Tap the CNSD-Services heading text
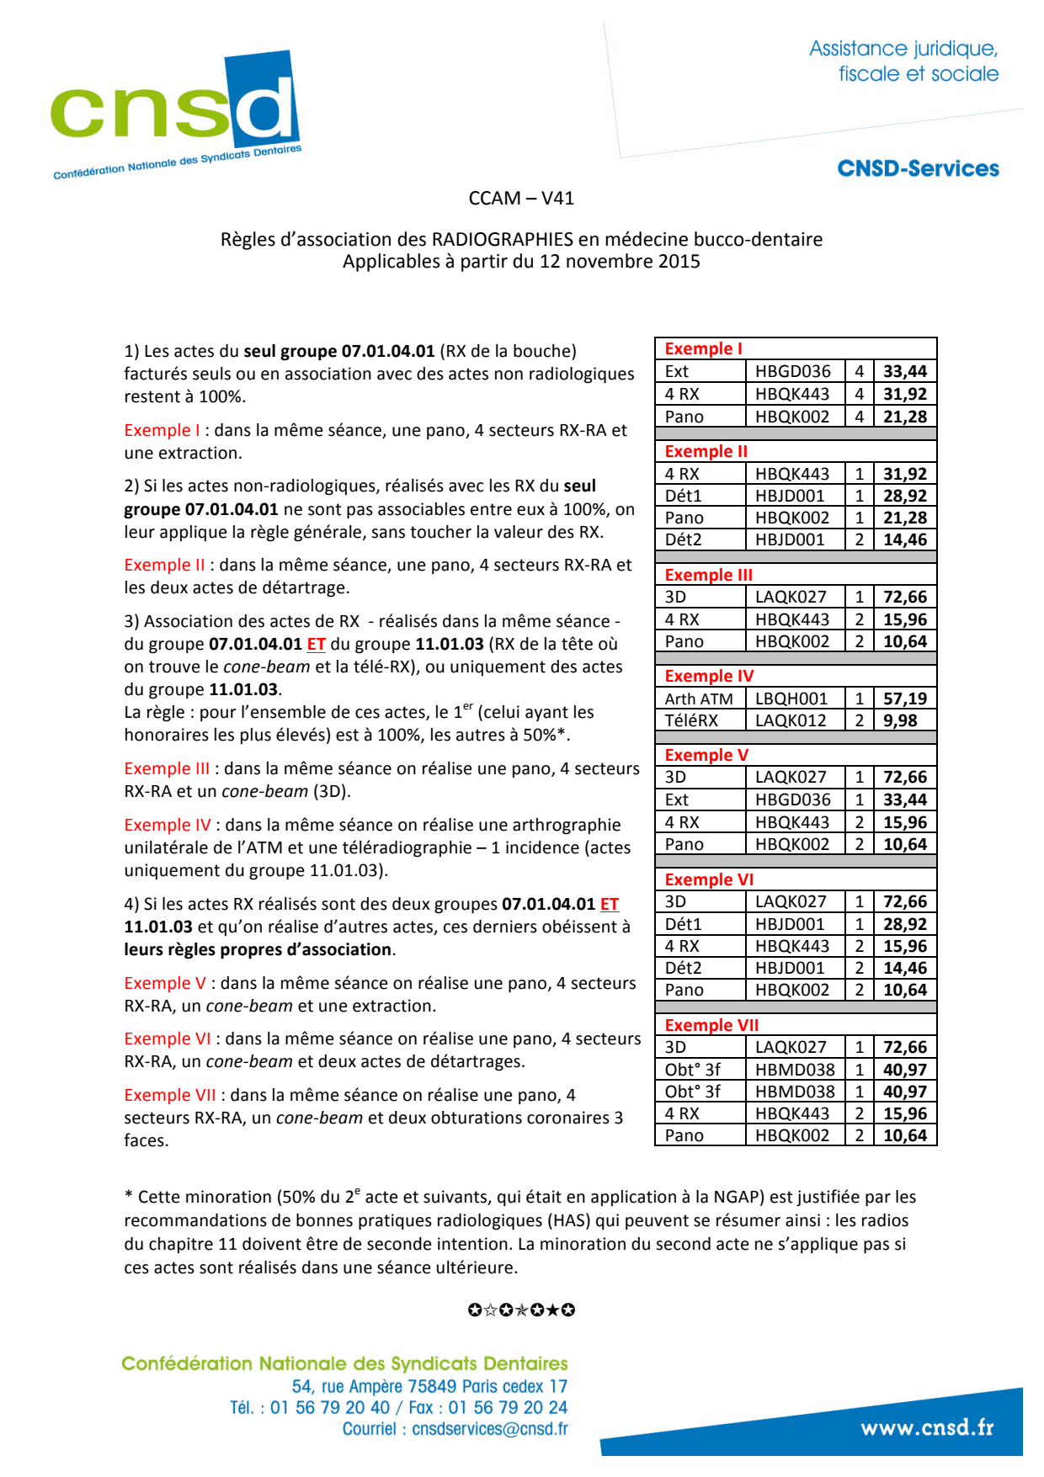(x=918, y=168)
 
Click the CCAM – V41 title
(x=521, y=199)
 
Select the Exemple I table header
(x=703, y=348)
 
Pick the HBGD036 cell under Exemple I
(x=792, y=371)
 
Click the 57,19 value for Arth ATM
(x=904, y=699)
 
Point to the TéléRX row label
(x=691, y=720)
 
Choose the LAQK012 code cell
(x=791, y=720)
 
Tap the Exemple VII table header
(x=711, y=1025)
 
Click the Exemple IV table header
(x=709, y=676)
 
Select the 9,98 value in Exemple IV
(x=900, y=720)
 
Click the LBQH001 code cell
(x=791, y=699)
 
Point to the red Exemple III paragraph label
(x=167, y=768)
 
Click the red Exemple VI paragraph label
(x=167, y=1039)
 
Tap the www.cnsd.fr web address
(x=927, y=1427)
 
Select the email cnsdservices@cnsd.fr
(x=489, y=1429)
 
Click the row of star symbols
(x=521, y=1310)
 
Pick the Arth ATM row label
(x=698, y=699)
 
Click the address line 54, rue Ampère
(x=429, y=1386)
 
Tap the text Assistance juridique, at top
(x=903, y=49)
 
